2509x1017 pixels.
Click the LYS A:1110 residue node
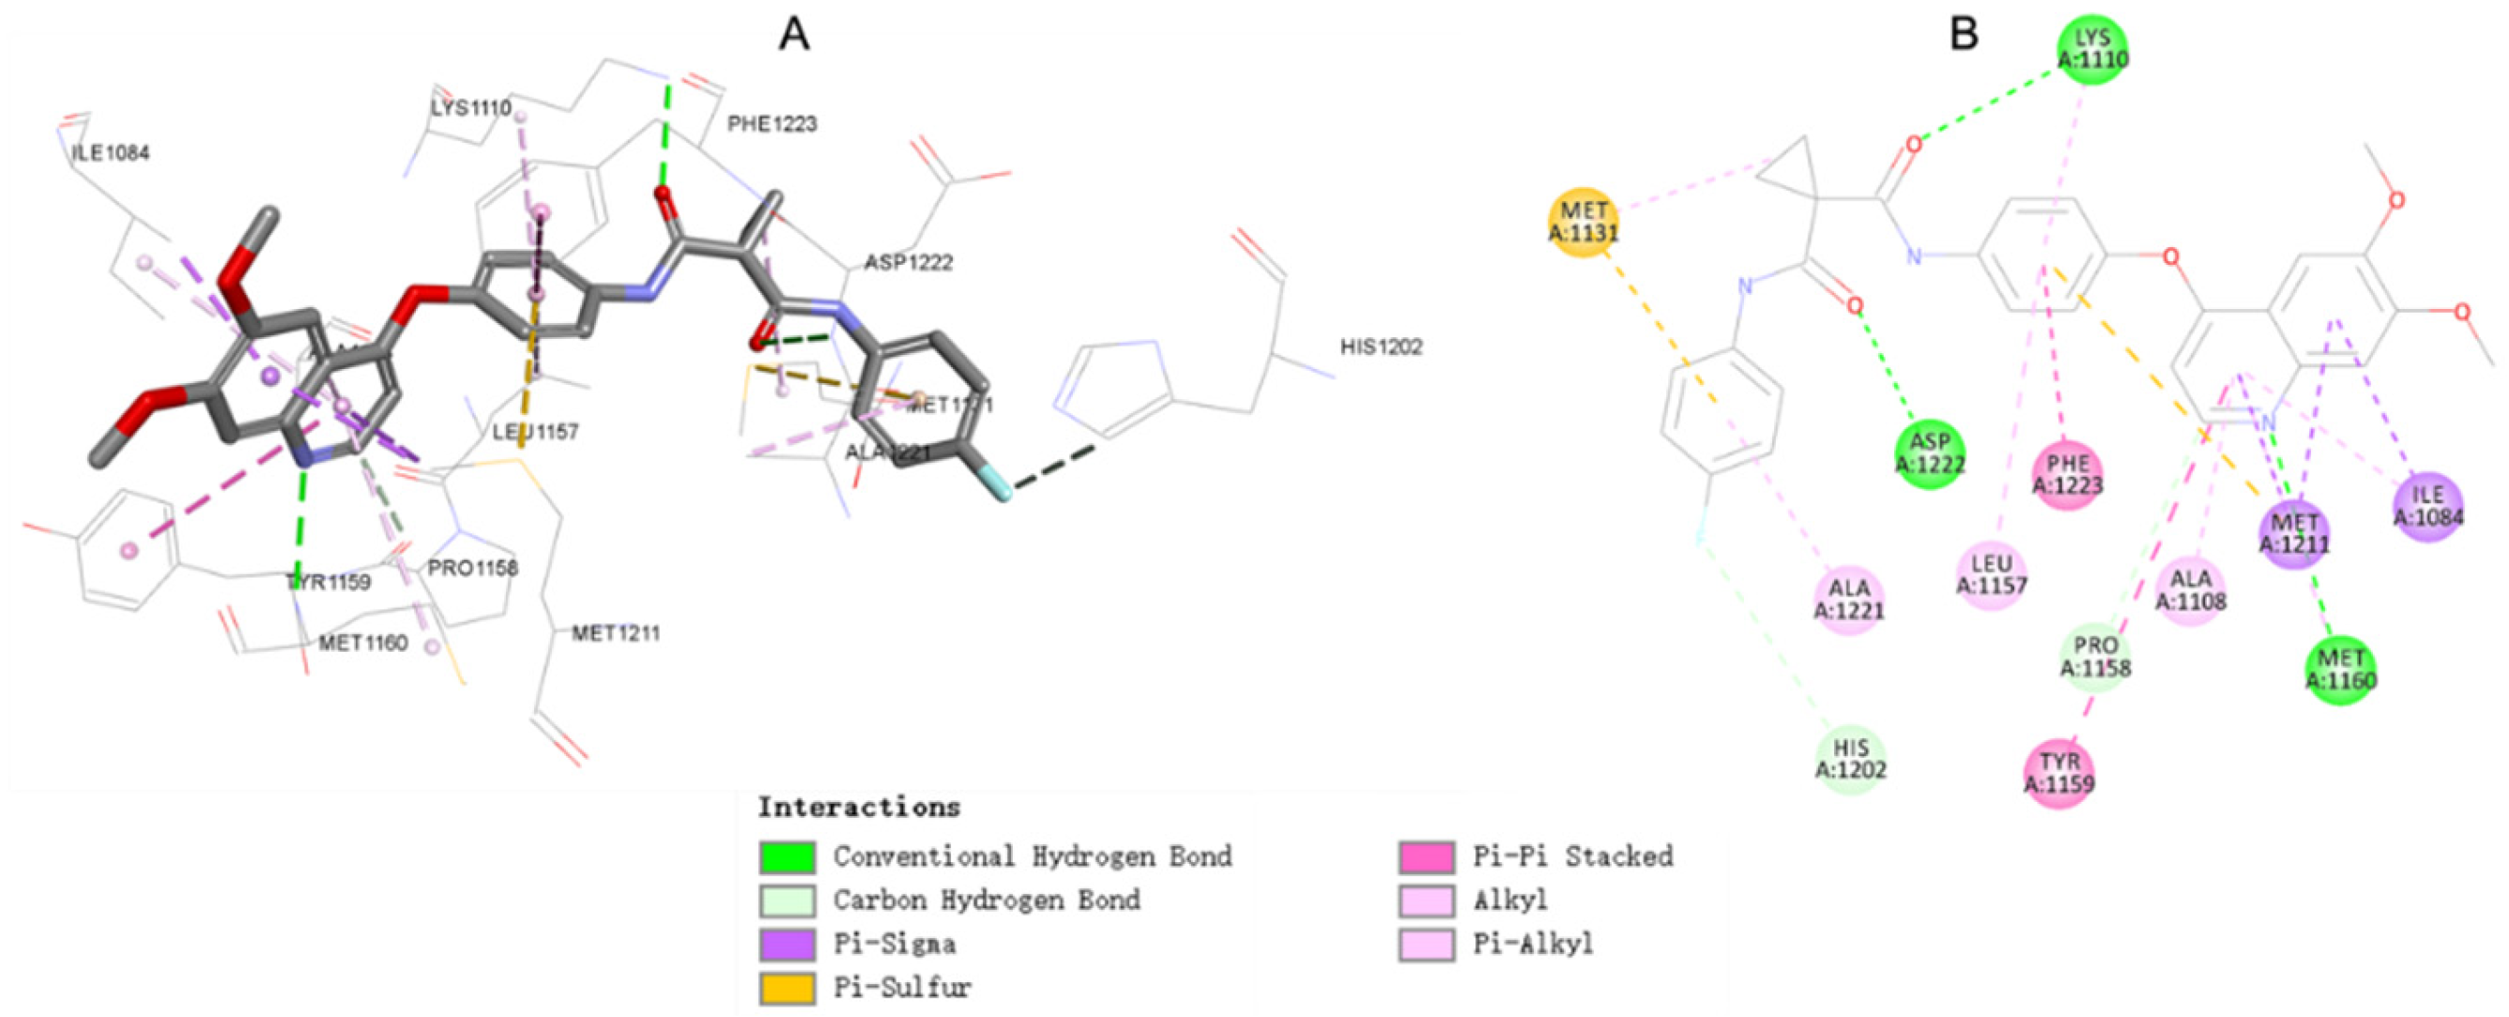pos(2092,49)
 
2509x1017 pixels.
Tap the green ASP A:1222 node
pos(1930,454)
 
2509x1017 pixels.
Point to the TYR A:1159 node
pos(2059,774)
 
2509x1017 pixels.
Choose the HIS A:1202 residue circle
pos(1851,760)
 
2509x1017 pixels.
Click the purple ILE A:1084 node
pos(2428,506)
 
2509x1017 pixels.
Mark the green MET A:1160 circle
pos(2340,670)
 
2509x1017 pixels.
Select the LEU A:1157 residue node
pos(1992,575)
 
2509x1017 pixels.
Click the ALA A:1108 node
pos(2191,591)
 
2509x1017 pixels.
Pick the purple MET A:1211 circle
pos(2295,533)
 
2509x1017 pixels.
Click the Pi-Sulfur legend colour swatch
pos(787,988)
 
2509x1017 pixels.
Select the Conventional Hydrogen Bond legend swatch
pos(787,857)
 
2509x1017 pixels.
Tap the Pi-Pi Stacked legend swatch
pos(1427,857)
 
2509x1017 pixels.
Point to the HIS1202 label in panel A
pos(1381,347)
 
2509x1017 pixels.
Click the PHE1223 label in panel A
pos(772,124)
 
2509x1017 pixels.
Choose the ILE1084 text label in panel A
pos(110,153)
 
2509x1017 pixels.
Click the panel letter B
pos(1964,34)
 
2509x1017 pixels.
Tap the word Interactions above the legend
pos(859,808)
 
